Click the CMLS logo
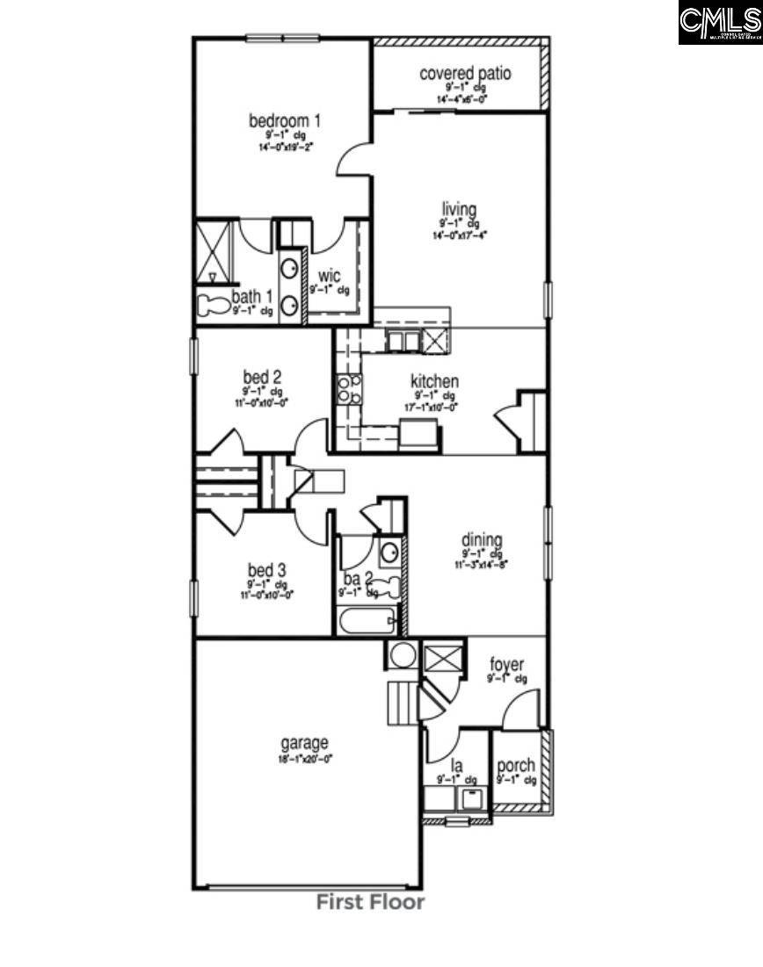719,23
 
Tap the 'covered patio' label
465,73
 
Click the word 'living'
459,209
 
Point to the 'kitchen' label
434,381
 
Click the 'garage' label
304,742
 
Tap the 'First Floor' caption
370,902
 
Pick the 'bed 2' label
262,378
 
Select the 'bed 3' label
265,570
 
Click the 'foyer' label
507,664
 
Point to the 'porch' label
516,766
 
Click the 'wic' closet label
329,277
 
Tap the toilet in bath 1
212,307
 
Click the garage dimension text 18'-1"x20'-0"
305,758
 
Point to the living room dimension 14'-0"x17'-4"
459,235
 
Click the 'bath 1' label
252,296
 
